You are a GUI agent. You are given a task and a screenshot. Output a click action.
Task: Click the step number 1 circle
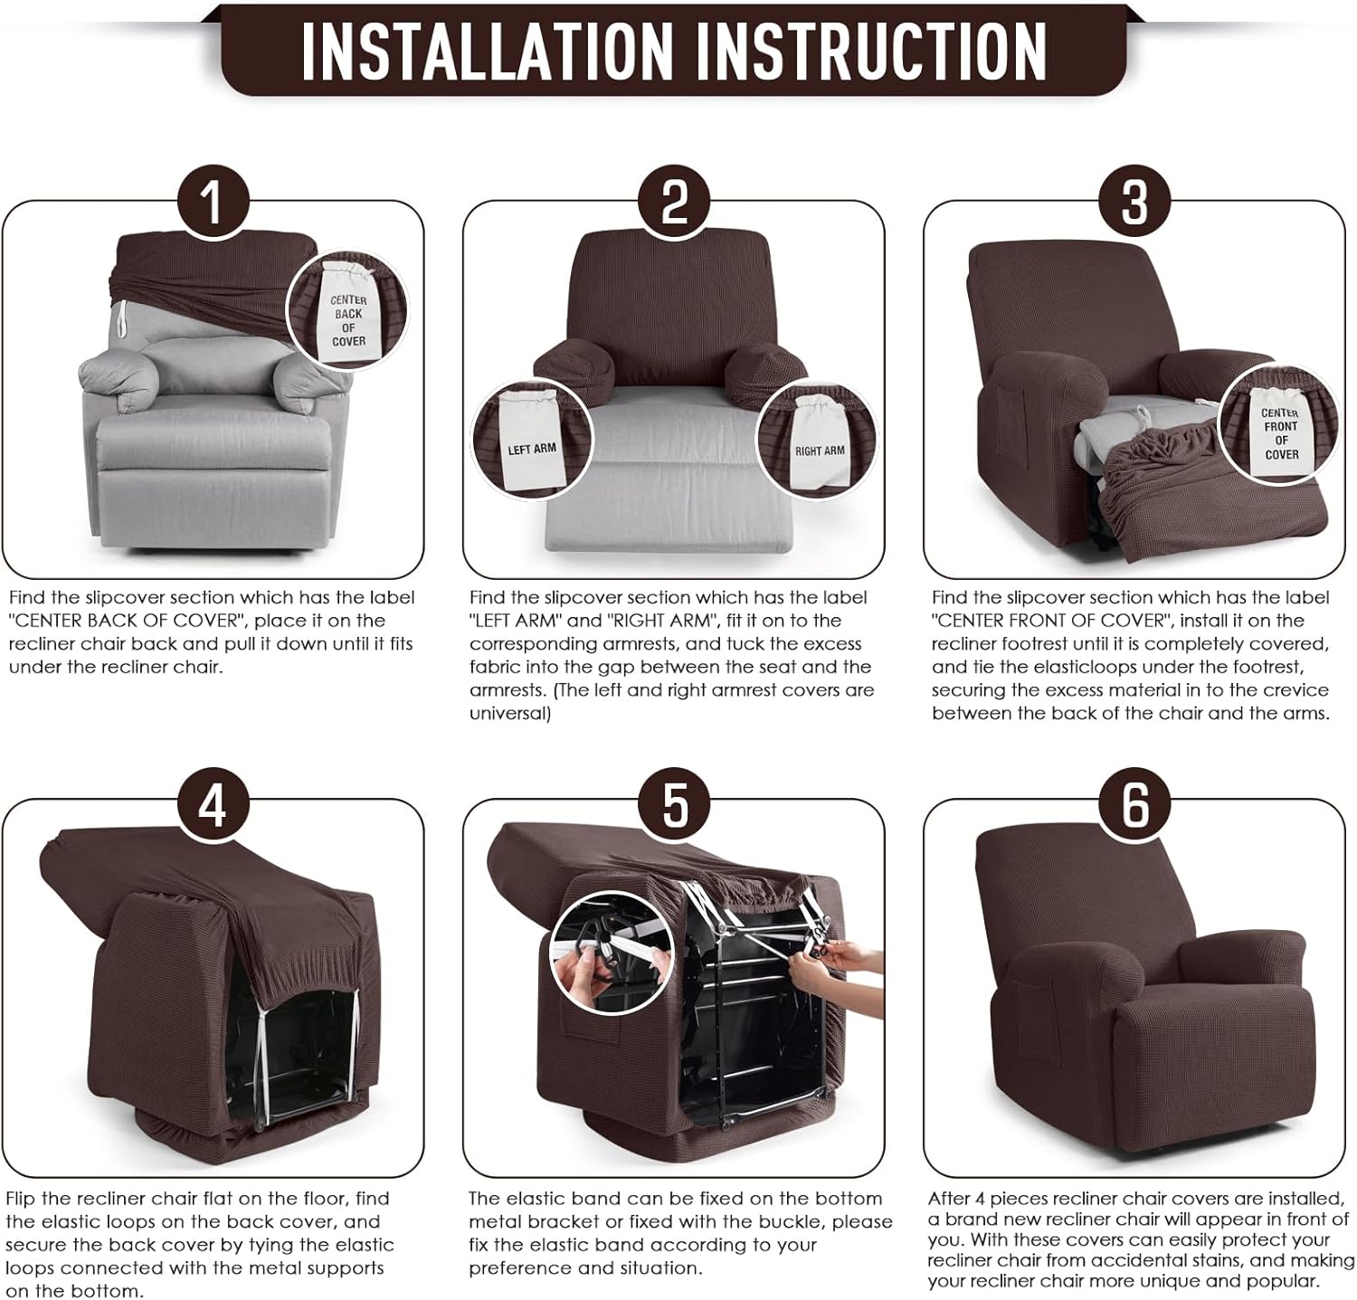click(212, 201)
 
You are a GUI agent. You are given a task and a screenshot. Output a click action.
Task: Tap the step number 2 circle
click(674, 201)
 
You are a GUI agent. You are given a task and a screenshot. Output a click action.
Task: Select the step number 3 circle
click(1134, 201)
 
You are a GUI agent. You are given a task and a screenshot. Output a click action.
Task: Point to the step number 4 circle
click(212, 803)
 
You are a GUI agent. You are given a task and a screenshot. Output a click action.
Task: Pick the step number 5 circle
click(674, 803)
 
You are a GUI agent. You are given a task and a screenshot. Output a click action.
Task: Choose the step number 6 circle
click(1134, 803)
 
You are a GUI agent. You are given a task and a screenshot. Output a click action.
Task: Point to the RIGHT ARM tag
click(819, 445)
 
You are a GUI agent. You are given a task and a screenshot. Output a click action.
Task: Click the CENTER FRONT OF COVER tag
click(1280, 430)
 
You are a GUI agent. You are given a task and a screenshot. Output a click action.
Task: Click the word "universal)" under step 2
click(510, 713)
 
